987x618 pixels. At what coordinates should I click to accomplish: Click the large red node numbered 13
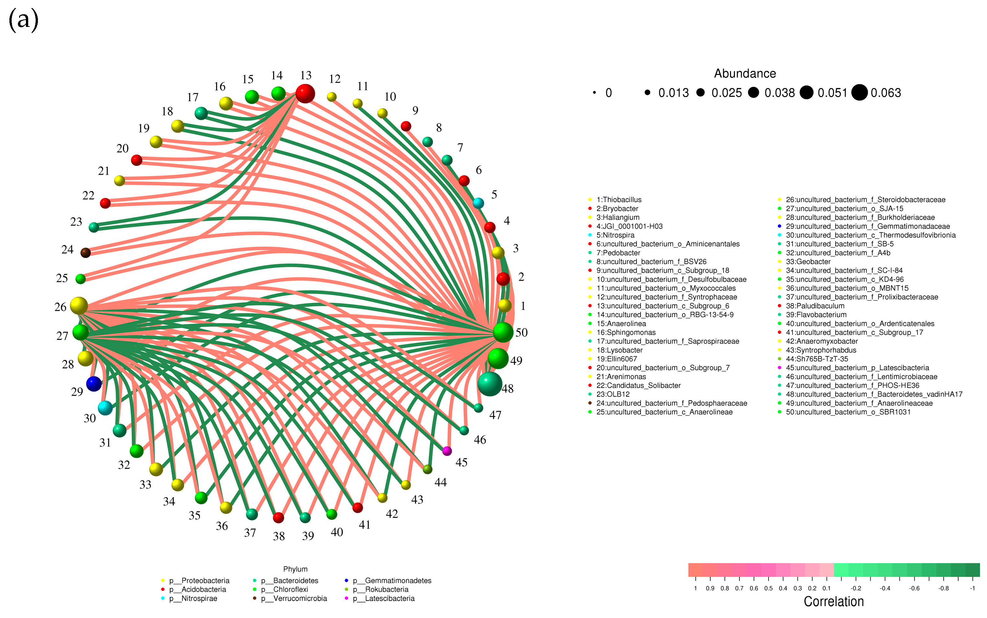[305, 94]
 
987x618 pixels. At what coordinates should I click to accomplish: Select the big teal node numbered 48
[490, 384]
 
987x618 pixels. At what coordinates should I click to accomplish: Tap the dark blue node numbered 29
[94, 384]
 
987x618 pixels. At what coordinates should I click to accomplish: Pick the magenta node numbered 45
[447, 451]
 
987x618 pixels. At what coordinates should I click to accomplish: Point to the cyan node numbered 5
[478, 203]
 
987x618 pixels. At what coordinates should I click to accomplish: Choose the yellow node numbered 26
[79, 306]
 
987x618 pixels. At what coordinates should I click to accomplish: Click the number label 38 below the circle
[279, 536]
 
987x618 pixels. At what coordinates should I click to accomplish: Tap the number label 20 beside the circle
[122, 148]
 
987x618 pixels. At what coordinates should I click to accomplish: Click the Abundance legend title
[745, 74]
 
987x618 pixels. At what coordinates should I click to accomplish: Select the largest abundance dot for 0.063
[859, 92]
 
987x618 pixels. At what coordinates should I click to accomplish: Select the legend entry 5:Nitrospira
[615, 235]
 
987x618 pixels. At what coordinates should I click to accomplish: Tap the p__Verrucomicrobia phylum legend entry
[300, 598]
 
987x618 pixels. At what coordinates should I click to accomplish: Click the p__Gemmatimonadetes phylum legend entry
[398, 580]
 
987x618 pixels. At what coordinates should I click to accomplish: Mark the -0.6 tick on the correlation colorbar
[914, 588]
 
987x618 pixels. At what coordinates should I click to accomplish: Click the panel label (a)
[23, 20]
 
